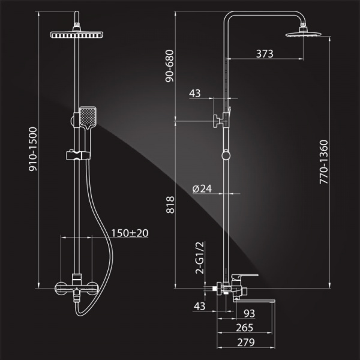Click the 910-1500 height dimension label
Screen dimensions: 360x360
click(x=33, y=149)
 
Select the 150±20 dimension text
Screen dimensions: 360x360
click(x=130, y=233)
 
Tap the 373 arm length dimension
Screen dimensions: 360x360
click(x=265, y=54)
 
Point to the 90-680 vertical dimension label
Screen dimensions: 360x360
click(x=170, y=66)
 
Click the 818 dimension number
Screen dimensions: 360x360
click(x=170, y=205)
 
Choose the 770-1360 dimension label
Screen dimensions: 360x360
click(x=324, y=162)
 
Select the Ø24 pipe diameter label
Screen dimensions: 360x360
click(x=202, y=189)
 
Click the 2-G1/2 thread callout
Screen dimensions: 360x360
click(x=200, y=257)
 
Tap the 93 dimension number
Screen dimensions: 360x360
click(x=250, y=313)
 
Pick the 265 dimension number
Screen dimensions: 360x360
click(x=245, y=328)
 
